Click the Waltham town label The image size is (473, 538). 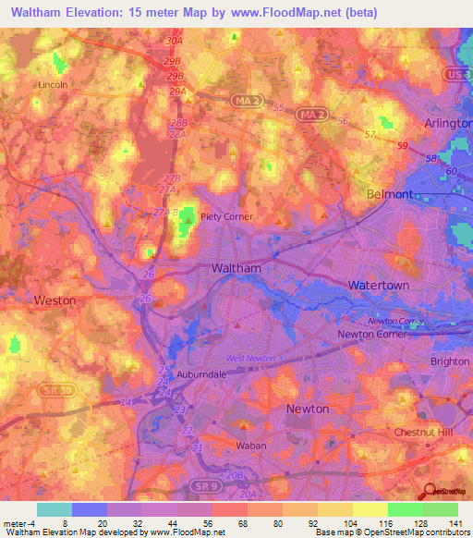click(236, 267)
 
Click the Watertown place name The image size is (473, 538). click(378, 286)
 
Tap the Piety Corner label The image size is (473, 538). click(247, 217)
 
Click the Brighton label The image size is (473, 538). click(450, 361)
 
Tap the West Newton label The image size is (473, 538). click(251, 358)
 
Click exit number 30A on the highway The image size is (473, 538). click(174, 42)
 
